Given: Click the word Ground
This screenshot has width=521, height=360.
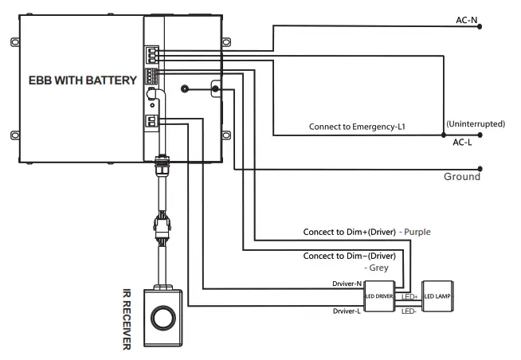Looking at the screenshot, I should click(x=462, y=177).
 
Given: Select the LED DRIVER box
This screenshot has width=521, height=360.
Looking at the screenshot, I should click(x=379, y=295).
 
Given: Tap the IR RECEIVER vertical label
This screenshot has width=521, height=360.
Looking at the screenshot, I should click(x=126, y=319).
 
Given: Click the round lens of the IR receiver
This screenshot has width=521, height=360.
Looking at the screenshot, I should click(x=163, y=317).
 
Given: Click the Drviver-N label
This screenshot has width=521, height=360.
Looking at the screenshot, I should click(x=347, y=284).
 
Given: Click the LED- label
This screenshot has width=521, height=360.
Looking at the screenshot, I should click(x=408, y=311).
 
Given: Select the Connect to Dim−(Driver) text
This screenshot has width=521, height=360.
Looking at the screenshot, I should click(x=349, y=256).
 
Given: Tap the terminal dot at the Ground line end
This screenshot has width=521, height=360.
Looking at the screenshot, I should click(x=480, y=168).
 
